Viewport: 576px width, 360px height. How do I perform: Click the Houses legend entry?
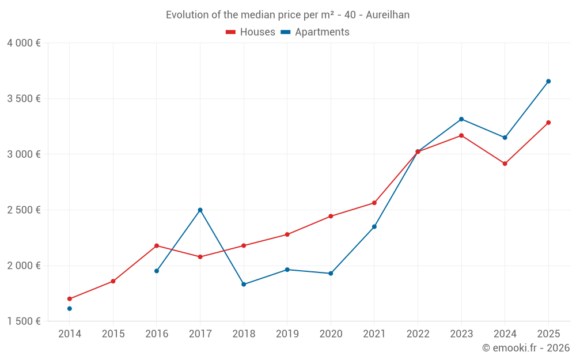[251, 32]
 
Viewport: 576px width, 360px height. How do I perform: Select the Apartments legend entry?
[315, 32]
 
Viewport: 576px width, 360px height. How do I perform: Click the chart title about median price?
[287, 15]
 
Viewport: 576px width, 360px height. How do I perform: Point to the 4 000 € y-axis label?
[24, 43]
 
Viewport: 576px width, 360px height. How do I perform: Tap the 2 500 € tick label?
[24, 210]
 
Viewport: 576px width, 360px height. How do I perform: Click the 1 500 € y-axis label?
[24, 321]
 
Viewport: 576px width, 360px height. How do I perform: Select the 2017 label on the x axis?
[200, 334]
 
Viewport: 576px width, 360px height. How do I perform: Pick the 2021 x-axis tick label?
[374, 334]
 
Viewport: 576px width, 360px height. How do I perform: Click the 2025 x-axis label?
[548, 334]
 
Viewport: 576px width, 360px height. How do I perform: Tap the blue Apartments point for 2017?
[200, 210]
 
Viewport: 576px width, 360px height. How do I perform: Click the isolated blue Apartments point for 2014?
[70, 309]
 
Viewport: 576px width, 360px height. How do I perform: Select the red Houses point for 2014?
[70, 299]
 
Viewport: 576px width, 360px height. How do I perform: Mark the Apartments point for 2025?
[548, 81]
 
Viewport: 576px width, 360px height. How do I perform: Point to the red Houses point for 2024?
[505, 164]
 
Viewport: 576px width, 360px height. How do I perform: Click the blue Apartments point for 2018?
[244, 284]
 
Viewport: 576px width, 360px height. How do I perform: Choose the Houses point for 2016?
[157, 246]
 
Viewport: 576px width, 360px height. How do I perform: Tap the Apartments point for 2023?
[461, 119]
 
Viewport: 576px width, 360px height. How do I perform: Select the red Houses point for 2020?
[331, 217]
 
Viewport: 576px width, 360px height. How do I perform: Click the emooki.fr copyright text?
[525, 348]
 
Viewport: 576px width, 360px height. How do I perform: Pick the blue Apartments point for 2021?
[374, 226]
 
